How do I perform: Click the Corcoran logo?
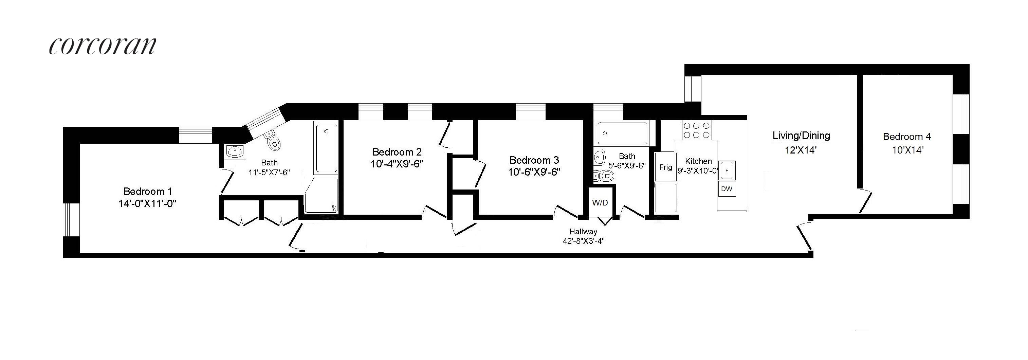coord(103,46)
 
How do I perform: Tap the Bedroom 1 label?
coord(148,191)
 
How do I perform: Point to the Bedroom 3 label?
coord(534,160)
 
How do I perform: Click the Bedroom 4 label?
coord(907,137)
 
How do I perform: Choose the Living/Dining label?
coord(801,135)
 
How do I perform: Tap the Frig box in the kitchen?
coord(666,167)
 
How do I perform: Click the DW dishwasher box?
coord(727,189)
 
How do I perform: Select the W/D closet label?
coord(600,203)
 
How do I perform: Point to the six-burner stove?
coord(696,130)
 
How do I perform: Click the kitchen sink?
coord(727,170)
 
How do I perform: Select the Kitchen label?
coord(698,161)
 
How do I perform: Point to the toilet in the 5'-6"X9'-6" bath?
coord(604,176)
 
